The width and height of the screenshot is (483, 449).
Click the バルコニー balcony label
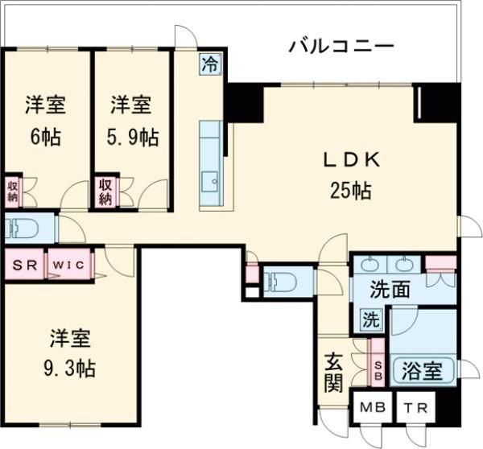341,46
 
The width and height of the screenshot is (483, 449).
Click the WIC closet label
72,265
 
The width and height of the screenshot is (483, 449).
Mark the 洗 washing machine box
371,318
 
